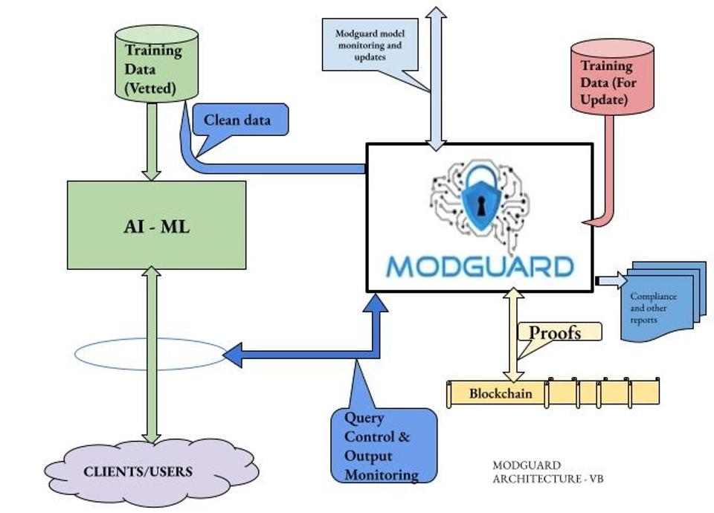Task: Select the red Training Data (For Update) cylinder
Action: [x=611, y=79]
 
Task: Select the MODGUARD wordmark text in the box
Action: [x=480, y=266]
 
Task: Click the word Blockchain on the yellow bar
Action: [x=501, y=393]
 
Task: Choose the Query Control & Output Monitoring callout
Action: [x=382, y=445]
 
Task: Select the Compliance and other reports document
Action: [x=658, y=305]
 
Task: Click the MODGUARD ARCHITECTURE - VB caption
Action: [x=547, y=472]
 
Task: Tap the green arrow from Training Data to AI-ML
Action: [x=152, y=141]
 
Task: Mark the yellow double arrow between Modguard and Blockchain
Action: [x=512, y=335]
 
